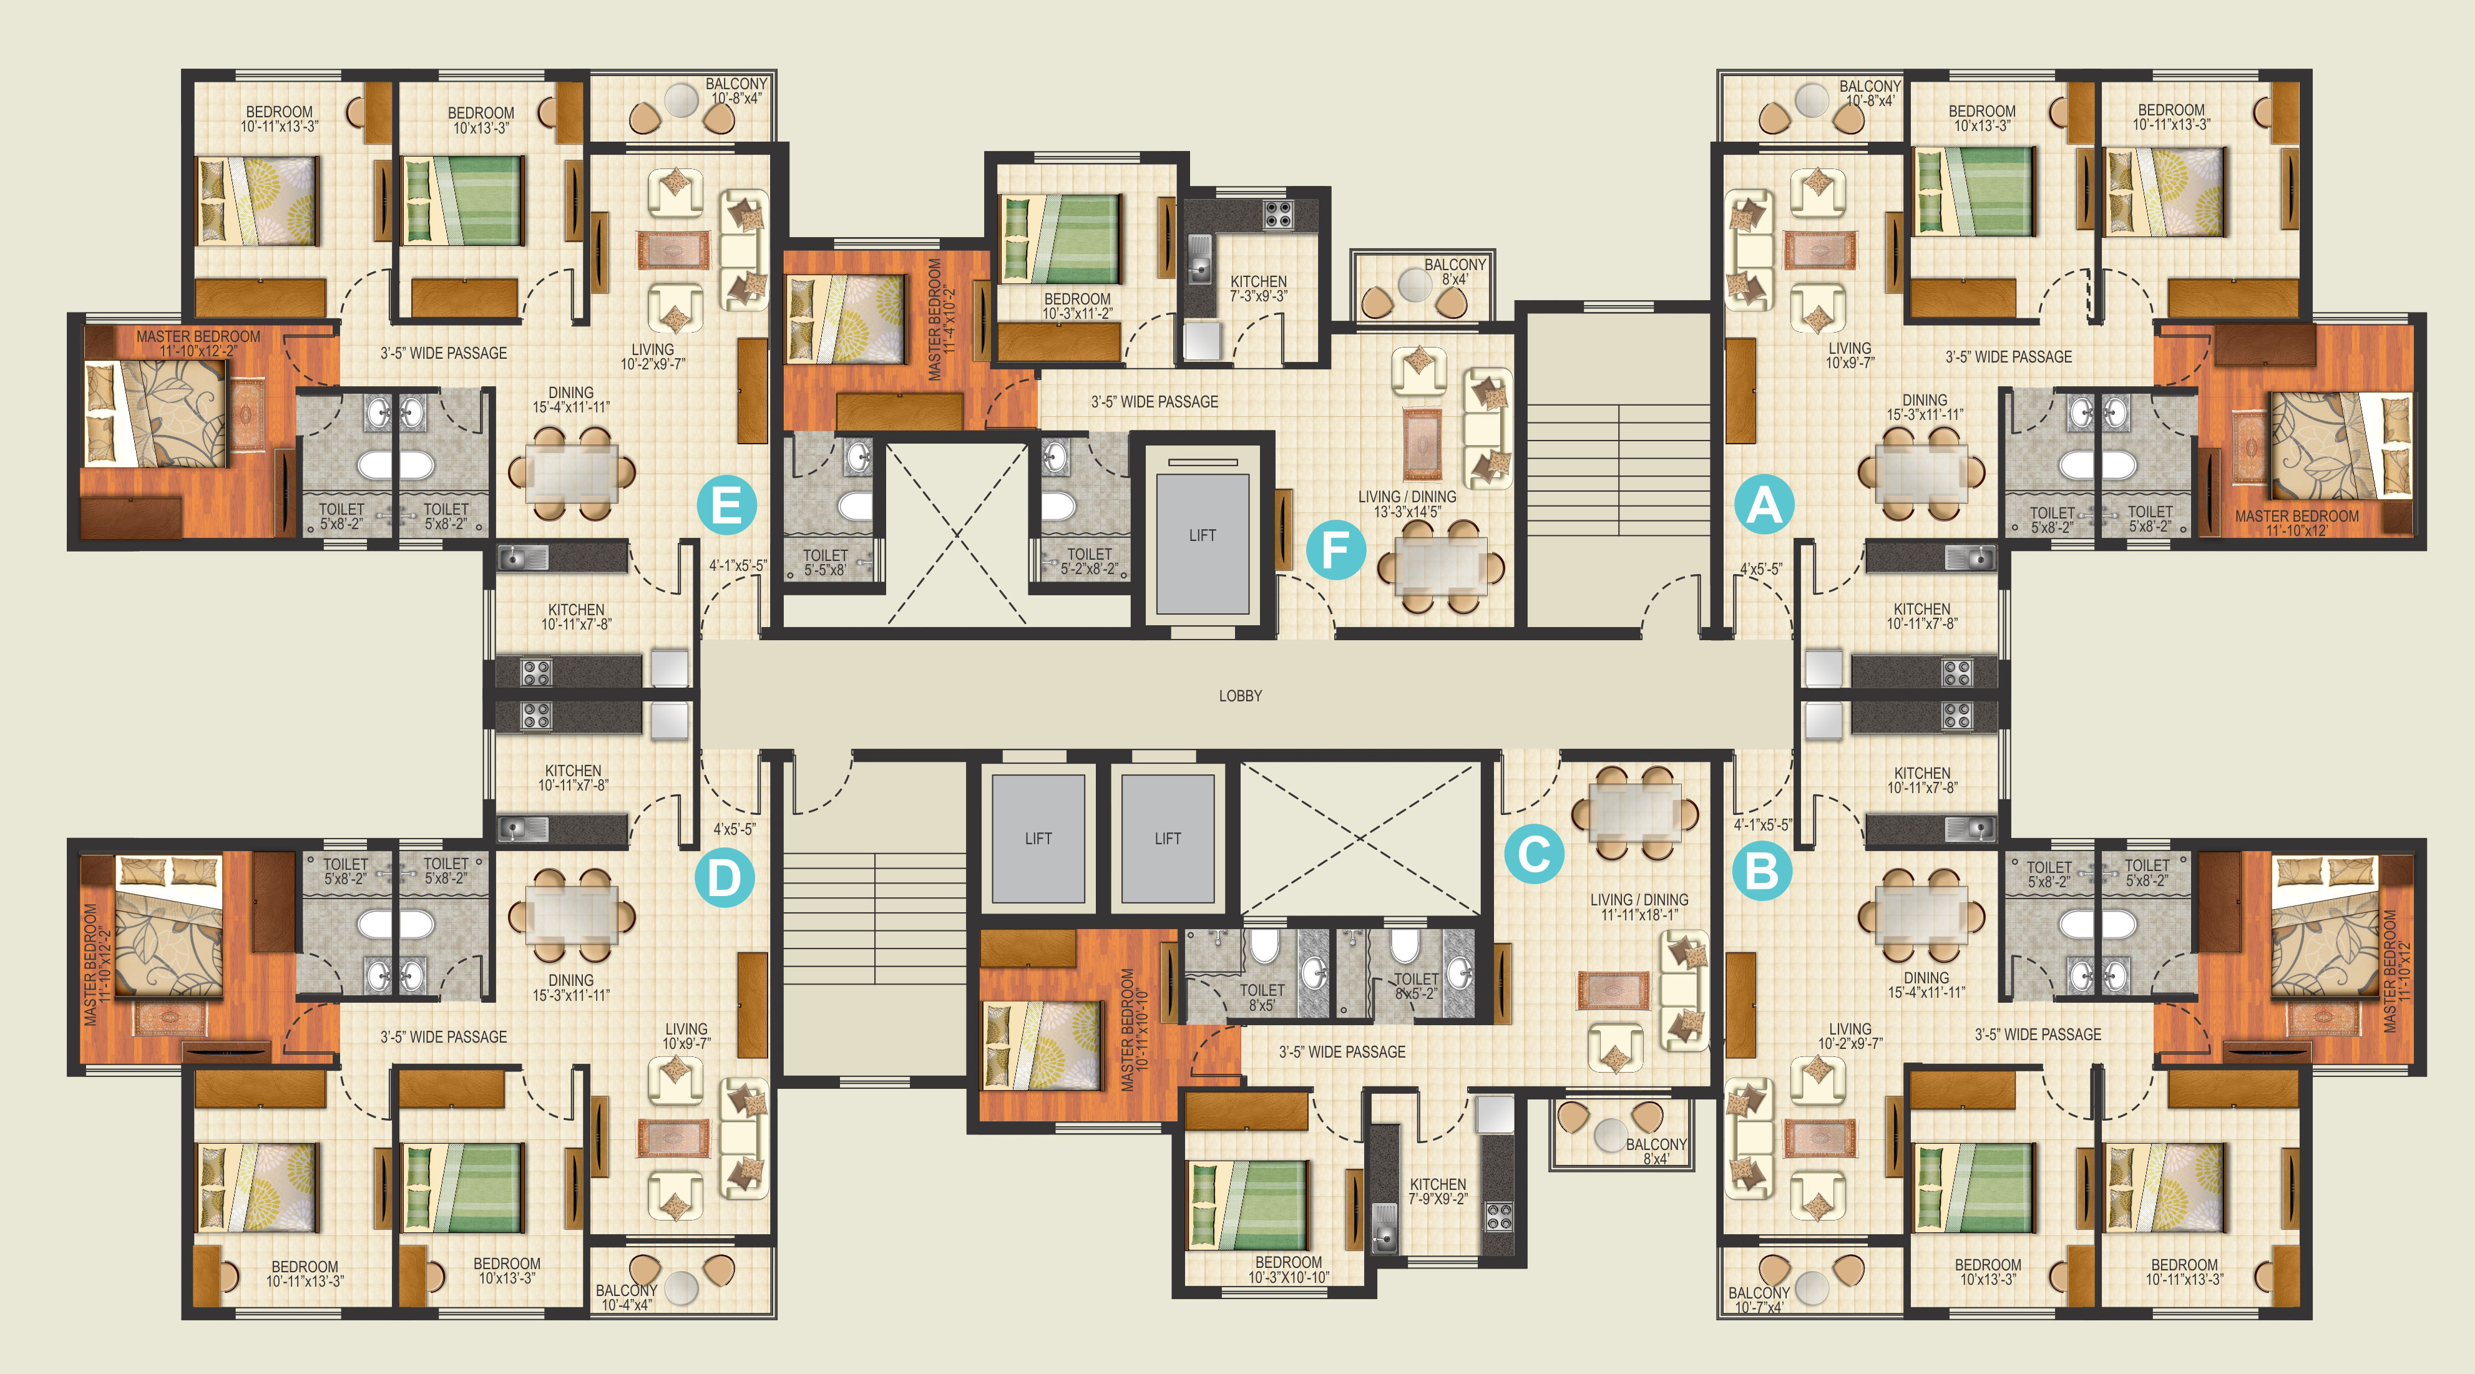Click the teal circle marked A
(x=1764, y=504)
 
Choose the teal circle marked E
(x=726, y=504)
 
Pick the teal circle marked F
(x=1335, y=550)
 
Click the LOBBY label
(x=1241, y=696)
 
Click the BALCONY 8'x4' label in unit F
(x=1455, y=272)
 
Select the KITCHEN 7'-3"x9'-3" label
(x=1259, y=289)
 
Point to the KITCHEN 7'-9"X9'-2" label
(x=1438, y=1191)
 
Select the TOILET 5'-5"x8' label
(x=826, y=562)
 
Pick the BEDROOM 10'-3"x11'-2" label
(x=1077, y=306)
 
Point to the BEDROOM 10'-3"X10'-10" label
(x=1289, y=1269)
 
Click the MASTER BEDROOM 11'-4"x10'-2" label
(x=942, y=319)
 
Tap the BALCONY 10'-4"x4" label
(x=627, y=1297)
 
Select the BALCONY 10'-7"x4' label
(x=1758, y=1300)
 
